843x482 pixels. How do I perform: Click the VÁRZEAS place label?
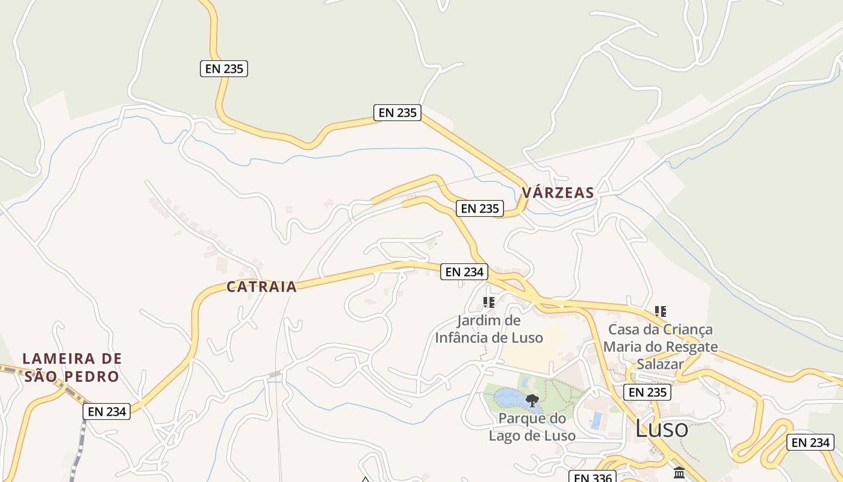558,193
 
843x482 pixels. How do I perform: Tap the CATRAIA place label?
262,287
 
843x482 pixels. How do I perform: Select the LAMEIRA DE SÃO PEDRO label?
72,368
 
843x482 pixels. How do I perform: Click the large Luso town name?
662,429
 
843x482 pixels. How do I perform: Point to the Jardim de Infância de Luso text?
489,329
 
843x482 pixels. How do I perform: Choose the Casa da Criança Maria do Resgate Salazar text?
661,347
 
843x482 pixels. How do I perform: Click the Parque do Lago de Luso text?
532,427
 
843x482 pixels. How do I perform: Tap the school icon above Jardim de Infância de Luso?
489,302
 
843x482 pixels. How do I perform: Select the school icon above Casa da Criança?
661,311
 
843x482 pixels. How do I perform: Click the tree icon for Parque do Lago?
532,401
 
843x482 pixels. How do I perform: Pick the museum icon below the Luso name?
679,473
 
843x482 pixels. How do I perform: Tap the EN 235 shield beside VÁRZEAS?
479,208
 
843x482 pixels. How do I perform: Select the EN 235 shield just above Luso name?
647,392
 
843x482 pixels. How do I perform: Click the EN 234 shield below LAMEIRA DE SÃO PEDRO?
107,412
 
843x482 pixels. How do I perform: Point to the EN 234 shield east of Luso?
810,442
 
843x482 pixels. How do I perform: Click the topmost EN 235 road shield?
224,69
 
